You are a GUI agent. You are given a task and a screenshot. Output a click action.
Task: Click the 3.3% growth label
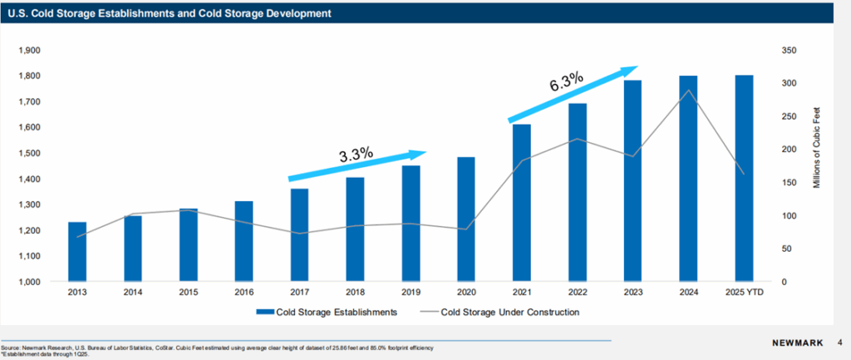pos(356,155)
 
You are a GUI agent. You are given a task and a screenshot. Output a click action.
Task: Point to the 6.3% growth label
pos(567,82)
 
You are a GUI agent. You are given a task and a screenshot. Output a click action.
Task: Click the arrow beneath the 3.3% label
pos(357,165)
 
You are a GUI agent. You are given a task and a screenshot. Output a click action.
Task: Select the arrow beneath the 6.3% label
pos(573,93)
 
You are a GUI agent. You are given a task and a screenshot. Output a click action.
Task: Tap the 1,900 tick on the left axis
pos(29,51)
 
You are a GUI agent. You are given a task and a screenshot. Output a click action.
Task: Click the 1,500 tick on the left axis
pos(29,154)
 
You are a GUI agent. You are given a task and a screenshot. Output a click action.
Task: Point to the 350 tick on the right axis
pos(790,51)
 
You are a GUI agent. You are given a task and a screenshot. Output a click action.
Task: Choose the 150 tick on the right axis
pos(790,183)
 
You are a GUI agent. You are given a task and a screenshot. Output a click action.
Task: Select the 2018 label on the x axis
pos(356,293)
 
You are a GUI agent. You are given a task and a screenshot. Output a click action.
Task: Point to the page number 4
pos(840,342)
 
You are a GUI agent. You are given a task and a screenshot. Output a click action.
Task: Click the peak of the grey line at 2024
pos(688,90)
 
